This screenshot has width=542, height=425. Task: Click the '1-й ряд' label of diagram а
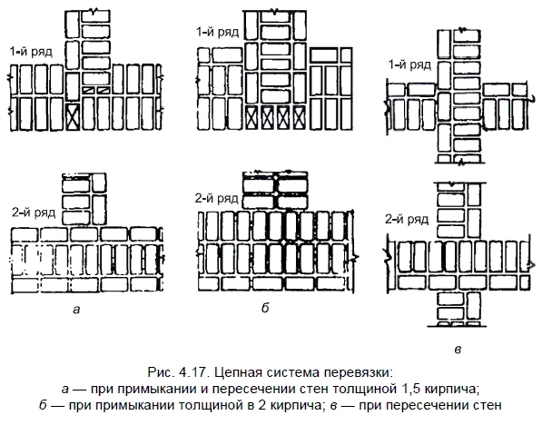31,52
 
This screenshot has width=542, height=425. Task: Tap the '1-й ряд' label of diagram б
217,32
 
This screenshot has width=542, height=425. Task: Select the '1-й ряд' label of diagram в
410,64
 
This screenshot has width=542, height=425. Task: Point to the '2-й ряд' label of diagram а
34,212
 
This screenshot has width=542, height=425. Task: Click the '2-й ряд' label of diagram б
217,198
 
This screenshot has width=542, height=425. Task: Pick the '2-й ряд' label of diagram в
407,219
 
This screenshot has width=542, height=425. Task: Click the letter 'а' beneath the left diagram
76,309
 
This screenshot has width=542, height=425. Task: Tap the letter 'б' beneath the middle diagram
265,308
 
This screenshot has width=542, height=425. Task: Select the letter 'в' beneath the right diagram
458,350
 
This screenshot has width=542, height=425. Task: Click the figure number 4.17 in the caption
192,372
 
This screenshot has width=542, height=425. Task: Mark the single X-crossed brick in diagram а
73,116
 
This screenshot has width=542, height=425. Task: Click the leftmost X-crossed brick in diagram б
251,117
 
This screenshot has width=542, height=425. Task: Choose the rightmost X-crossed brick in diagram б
300,117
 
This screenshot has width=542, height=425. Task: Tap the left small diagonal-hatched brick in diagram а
88,90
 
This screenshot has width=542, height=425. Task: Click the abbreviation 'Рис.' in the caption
161,372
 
